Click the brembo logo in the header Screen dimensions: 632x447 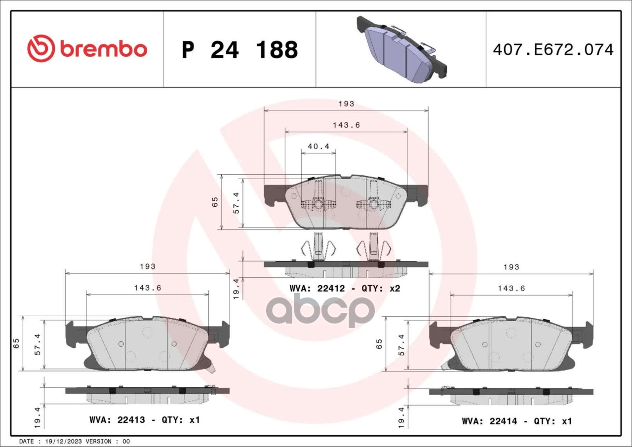[x=87, y=49]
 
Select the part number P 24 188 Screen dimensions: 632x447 [x=239, y=50]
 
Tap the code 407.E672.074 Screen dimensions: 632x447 [x=553, y=50]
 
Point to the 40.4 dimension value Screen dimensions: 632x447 [x=318, y=147]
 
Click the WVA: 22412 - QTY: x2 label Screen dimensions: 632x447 [x=345, y=288]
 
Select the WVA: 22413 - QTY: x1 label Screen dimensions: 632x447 [x=145, y=420]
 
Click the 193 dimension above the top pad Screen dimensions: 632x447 [x=346, y=104]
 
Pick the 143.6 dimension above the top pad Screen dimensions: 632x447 [x=346, y=125]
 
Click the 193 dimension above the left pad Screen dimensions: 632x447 [x=147, y=266]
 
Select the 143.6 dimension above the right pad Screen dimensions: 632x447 [x=511, y=289]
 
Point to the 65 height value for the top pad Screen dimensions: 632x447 [x=215, y=202]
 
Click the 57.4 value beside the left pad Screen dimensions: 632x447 [x=37, y=344]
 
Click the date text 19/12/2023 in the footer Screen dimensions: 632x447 [x=63, y=441]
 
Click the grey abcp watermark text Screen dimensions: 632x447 [x=320, y=310]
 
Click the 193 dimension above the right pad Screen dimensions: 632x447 [x=512, y=267]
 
